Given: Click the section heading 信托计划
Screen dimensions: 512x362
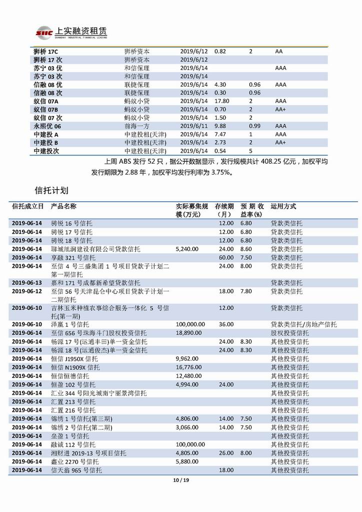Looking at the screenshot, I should (x=51, y=191).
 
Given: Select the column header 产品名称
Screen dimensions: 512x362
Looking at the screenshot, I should (x=64, y=206).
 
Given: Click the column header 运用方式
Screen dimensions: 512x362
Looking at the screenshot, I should (x=283, y=206).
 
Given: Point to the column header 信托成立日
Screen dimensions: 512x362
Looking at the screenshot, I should (x=27, y=206).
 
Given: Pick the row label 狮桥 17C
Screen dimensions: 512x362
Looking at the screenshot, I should (x=46, y=51).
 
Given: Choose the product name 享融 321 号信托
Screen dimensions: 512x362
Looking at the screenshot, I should (x=73, y=257).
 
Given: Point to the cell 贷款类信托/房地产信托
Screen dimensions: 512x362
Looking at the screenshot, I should (x=304, y=324).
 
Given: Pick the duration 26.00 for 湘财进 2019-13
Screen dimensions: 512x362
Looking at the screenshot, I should (x=226, y=453).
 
